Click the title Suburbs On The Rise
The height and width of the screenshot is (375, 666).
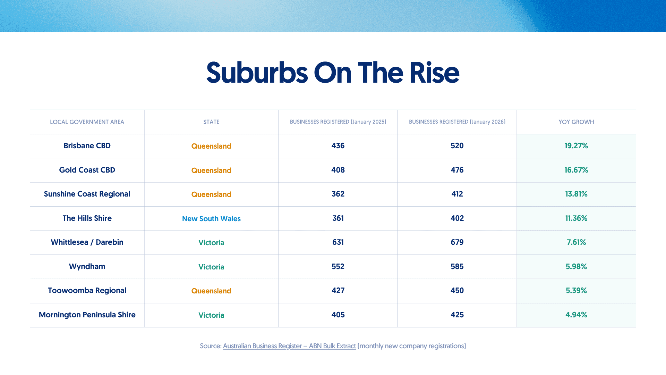point(333,73)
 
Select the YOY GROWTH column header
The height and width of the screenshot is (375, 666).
point(576,122)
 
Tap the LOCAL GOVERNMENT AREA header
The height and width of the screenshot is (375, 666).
point(87,122)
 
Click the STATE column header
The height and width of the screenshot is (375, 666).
point(211,122)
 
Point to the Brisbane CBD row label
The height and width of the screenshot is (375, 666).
point(87,146)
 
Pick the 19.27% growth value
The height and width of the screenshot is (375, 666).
point(576,146)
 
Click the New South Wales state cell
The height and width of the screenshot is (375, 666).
point(211,219)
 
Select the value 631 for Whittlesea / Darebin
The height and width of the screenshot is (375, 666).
point(338,242)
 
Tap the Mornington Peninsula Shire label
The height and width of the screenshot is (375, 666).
point(87,315)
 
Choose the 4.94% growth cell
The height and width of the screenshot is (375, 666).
point(576,315)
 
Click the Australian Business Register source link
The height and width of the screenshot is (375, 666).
point(289,346)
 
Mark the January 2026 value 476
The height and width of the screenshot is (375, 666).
point(457,170)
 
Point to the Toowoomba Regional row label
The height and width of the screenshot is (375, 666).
point(87,291)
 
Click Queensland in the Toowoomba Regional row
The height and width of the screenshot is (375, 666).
point(211,291)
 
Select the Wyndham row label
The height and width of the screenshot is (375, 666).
point(87,267)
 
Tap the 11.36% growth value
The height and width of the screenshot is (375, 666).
point(576,218)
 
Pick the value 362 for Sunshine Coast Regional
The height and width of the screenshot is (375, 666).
point(338,194)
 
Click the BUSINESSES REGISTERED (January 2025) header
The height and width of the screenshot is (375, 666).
point(338,122)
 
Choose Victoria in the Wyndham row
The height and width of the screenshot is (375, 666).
point(211,267)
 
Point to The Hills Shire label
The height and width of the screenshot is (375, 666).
point(87,218)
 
